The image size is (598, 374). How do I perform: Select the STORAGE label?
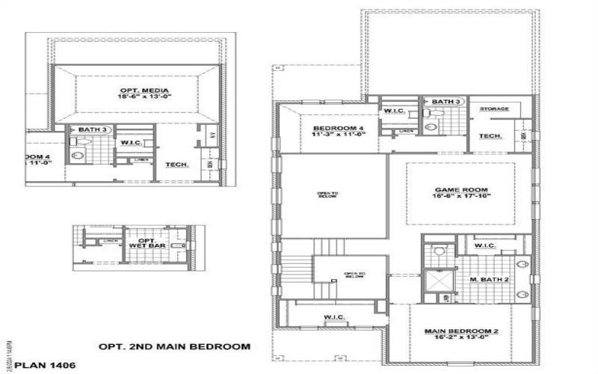pyautogui.click(x=494, y=109)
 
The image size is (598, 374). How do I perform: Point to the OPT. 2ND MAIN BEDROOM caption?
pyautogui.click(x=174, y=346)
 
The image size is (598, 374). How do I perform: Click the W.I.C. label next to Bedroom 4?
pyautogui.click(x=394, y=111)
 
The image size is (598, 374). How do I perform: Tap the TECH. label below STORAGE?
pyautogui.click(x=490, y=136)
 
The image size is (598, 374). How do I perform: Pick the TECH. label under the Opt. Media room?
pyautogui.click(x=176, y=164)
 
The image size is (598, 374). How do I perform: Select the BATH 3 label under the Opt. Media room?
pyautogui.click(x=93, y=129)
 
